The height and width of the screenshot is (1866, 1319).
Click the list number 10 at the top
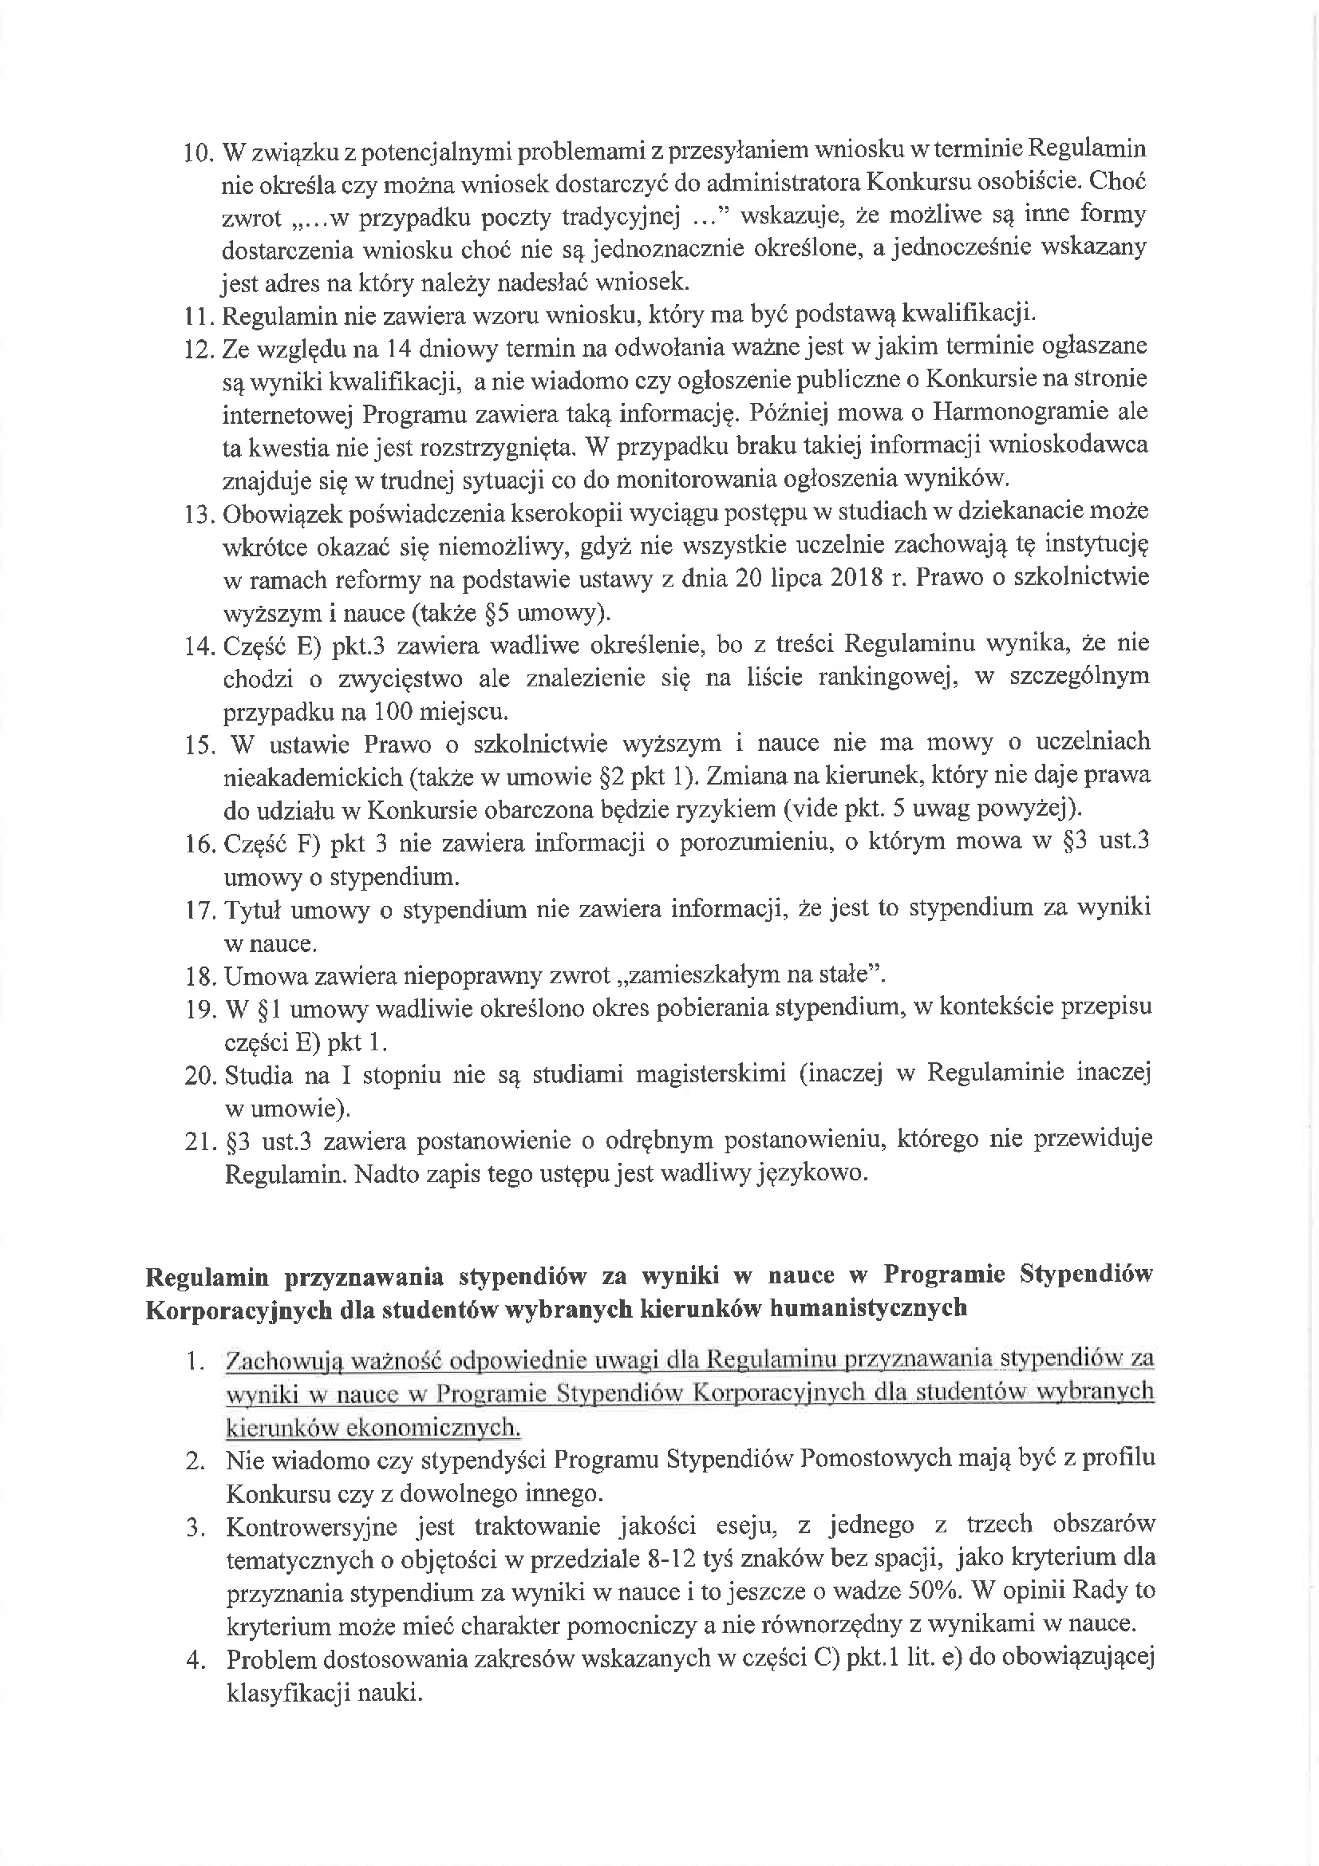(x=199, y=152)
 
